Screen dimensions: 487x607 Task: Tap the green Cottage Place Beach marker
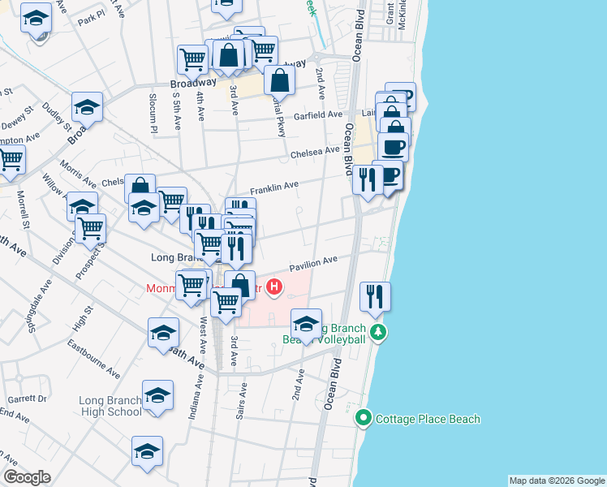[x=364, y=420]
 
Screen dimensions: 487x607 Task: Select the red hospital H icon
[x=275, y=287]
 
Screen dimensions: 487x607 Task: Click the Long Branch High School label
[x=110, y=406]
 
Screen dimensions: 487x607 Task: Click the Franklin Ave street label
[x=273, y=188]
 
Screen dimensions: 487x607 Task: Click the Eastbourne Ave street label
[x=94, y=362]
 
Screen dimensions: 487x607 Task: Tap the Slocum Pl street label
[x=152, y=114]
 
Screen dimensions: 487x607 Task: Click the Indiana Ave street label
[x=194, y=399]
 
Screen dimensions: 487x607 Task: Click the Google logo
[x=27, y=476]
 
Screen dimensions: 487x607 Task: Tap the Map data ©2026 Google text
[x=557, y=481]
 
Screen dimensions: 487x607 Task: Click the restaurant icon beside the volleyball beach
[x=375, y=296]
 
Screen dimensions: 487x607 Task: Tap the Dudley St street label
[x=58, y=117]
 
